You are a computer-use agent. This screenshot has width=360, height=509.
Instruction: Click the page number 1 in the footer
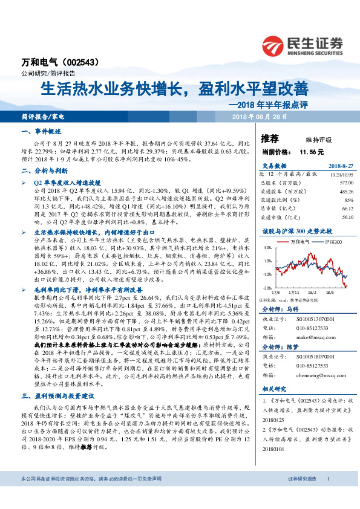coord(327,495)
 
